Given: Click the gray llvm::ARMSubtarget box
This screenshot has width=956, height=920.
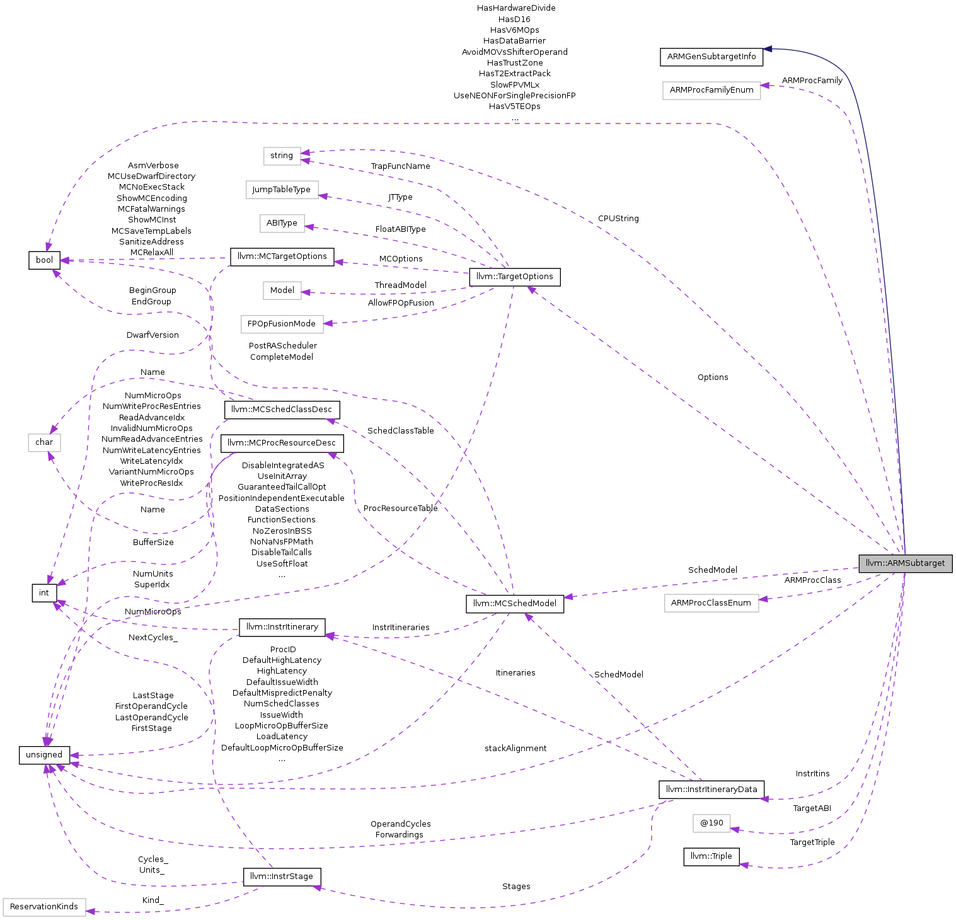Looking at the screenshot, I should point(905,563).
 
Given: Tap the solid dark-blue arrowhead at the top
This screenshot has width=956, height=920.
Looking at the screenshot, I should point(768,49).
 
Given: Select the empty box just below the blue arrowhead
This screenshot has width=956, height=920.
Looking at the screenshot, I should point(711,91).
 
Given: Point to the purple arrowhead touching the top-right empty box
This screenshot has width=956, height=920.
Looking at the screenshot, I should point(765,86).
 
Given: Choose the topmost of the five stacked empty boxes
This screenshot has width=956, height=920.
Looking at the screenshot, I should point(282,156).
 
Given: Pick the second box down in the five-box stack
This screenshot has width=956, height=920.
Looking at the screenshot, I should point(282,190).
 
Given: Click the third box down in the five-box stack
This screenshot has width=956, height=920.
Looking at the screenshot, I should point(282,224).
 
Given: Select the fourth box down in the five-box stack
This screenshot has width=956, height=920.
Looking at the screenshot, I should point(282,290).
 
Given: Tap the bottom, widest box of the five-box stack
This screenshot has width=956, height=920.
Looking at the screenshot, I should point(282,325).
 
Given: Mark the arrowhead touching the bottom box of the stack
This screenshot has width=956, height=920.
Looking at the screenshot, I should point(328,323).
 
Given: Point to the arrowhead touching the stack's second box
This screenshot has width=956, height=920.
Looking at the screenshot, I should point(323,196).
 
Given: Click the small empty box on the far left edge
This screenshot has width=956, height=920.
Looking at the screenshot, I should point(44,443).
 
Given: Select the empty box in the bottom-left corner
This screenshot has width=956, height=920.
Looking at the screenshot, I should point(44,907).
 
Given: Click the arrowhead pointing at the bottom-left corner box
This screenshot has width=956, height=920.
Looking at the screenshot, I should point(90,911).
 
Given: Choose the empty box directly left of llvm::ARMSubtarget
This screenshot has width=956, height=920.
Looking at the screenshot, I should point(711,603).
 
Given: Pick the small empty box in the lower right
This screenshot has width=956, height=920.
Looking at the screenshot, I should point(711,824).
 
